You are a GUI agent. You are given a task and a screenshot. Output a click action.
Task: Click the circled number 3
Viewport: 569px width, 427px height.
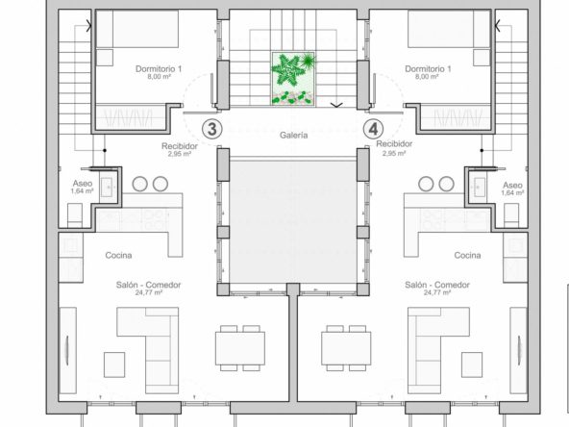tap(211, 129)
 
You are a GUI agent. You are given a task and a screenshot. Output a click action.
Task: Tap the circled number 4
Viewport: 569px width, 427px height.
tap(373, 129)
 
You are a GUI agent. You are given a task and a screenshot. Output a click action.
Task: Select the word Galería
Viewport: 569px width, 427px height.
tap(293, 136)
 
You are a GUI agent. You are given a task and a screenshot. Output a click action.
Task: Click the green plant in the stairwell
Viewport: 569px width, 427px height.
tap(293, 79)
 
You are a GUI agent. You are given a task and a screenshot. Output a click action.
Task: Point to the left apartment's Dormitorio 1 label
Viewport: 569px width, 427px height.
tap(159, 68)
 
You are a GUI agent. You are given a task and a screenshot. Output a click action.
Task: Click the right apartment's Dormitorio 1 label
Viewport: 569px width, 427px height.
tap(428, 68)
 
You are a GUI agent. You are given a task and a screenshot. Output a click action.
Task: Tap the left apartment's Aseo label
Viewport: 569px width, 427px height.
tap(83, 184)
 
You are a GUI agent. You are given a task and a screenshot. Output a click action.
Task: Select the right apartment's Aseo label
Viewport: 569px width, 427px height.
tap(512, 186)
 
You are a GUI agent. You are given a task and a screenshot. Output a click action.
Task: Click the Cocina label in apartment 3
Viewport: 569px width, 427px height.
tap(118, 255)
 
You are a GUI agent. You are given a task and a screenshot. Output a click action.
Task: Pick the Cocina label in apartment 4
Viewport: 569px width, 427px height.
tap(467, 255)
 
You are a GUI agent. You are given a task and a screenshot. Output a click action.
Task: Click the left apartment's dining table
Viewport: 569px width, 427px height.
tap(240, 348)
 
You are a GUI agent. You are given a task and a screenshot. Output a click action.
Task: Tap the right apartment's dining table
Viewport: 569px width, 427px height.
tap(346, 348)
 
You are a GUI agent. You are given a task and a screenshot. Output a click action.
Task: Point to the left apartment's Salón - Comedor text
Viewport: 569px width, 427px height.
tap(148, 285)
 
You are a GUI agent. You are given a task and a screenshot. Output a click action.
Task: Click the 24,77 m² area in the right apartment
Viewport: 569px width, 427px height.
tap(437, 292)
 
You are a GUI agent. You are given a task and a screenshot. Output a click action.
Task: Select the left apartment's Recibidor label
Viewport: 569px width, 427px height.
tap(180, 146)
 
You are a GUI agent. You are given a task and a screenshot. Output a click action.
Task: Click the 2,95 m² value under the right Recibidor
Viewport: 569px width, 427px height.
tap(394, 153)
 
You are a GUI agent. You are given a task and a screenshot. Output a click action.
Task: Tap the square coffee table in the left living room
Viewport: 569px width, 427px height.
tap(114, 364)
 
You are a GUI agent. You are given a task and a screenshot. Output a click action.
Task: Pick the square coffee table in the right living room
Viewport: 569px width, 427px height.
tap(472, 364)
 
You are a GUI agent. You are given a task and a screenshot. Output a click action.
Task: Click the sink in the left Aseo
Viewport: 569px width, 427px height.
tap(107, 187)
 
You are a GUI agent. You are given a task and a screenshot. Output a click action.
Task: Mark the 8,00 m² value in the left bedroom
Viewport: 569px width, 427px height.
tap(159, 77)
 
